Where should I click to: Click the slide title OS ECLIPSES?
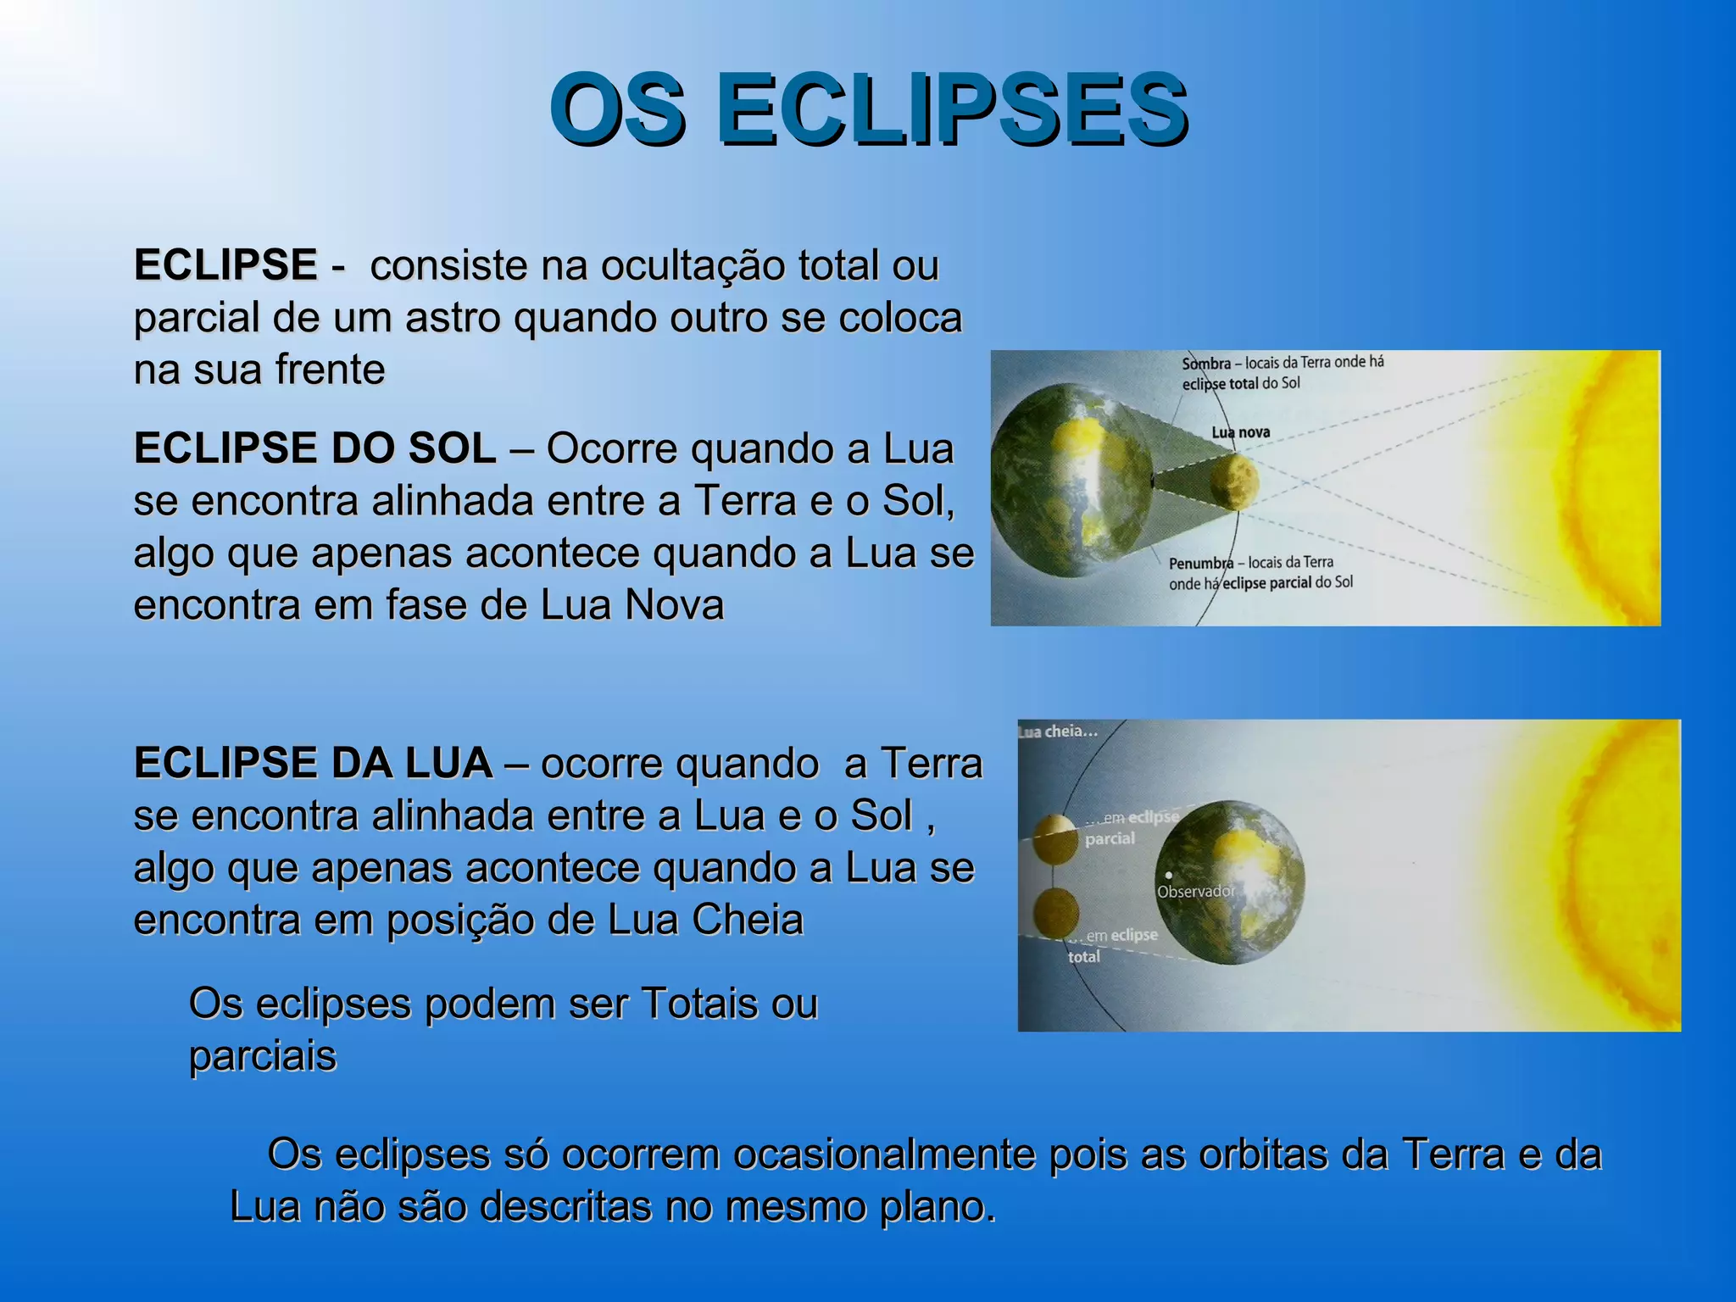point(868,110)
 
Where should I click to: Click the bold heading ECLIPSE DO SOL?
point(314,448)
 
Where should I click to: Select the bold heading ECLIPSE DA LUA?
point(313,763)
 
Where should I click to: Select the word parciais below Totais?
point(263,1056)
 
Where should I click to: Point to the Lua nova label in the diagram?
point(1241,432)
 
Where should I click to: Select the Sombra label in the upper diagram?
point(1206,364)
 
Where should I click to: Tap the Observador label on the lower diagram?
point(1196,892)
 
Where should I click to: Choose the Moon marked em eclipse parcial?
point(1055,838)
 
